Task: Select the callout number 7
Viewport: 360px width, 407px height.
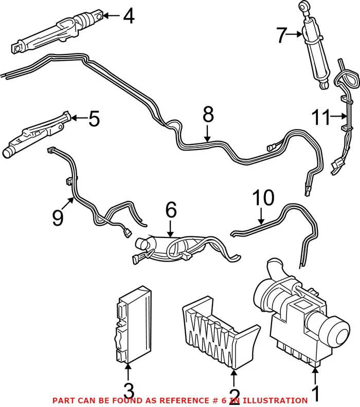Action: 281,35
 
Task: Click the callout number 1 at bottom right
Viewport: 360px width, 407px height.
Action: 316,393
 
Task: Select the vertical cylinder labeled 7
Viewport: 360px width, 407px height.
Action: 316,51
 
